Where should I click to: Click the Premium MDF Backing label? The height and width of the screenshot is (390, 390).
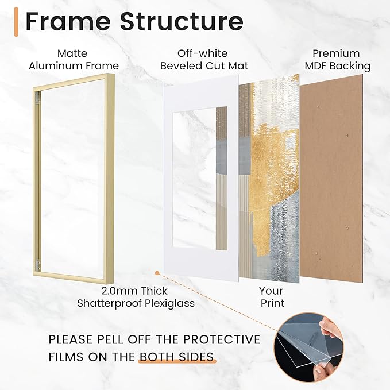(x=341, y=60)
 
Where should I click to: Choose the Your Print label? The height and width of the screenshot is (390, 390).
(x=271, y=297)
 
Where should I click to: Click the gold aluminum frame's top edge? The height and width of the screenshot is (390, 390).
(x=69, y=77)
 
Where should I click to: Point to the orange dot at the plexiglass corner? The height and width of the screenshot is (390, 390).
(x=156, y=275)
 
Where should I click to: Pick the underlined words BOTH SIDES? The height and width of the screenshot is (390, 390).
(x=177, y=357)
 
